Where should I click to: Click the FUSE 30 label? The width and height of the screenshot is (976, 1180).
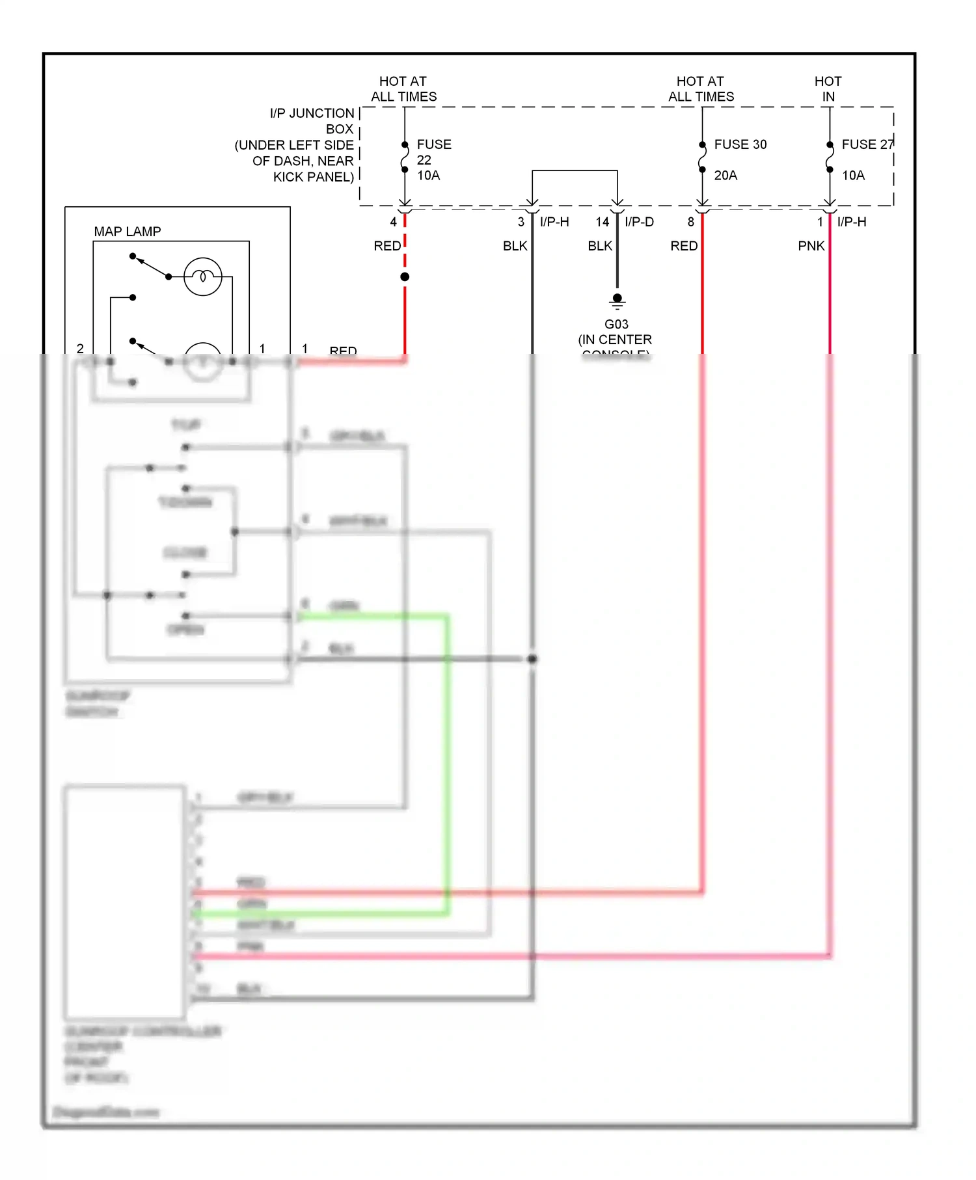click(740, 144)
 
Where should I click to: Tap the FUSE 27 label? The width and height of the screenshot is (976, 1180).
click(867, 144)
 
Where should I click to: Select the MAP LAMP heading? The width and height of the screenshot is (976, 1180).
click(128, 232)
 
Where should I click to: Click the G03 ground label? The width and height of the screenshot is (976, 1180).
click(616, 324)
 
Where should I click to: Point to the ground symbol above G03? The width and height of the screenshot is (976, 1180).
click(617, 301)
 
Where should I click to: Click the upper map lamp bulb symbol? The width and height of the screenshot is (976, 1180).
click(202, 277)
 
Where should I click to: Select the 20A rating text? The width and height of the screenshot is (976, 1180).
click(725, 176)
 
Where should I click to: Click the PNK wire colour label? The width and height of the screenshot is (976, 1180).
click(811, 246)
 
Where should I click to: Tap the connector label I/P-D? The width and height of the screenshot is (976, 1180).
click(639, 222)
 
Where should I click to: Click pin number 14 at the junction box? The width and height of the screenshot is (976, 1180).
click(602, 222)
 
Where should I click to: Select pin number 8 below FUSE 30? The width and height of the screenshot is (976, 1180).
click(691, 222)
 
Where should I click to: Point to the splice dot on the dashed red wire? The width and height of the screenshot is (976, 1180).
click(405, 277)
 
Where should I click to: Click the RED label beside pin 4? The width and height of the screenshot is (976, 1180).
click(387, 246)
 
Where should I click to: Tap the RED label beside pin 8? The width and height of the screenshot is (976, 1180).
click(684, 246)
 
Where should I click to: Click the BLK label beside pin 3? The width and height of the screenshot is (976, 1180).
click(515, 246)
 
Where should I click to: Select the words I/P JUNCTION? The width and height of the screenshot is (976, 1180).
click(312, 113)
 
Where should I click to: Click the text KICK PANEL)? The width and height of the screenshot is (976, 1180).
click(314, 177)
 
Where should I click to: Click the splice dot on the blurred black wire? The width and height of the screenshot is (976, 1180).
click(532, 659)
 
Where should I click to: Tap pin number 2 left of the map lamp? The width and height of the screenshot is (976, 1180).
click(80, 349)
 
